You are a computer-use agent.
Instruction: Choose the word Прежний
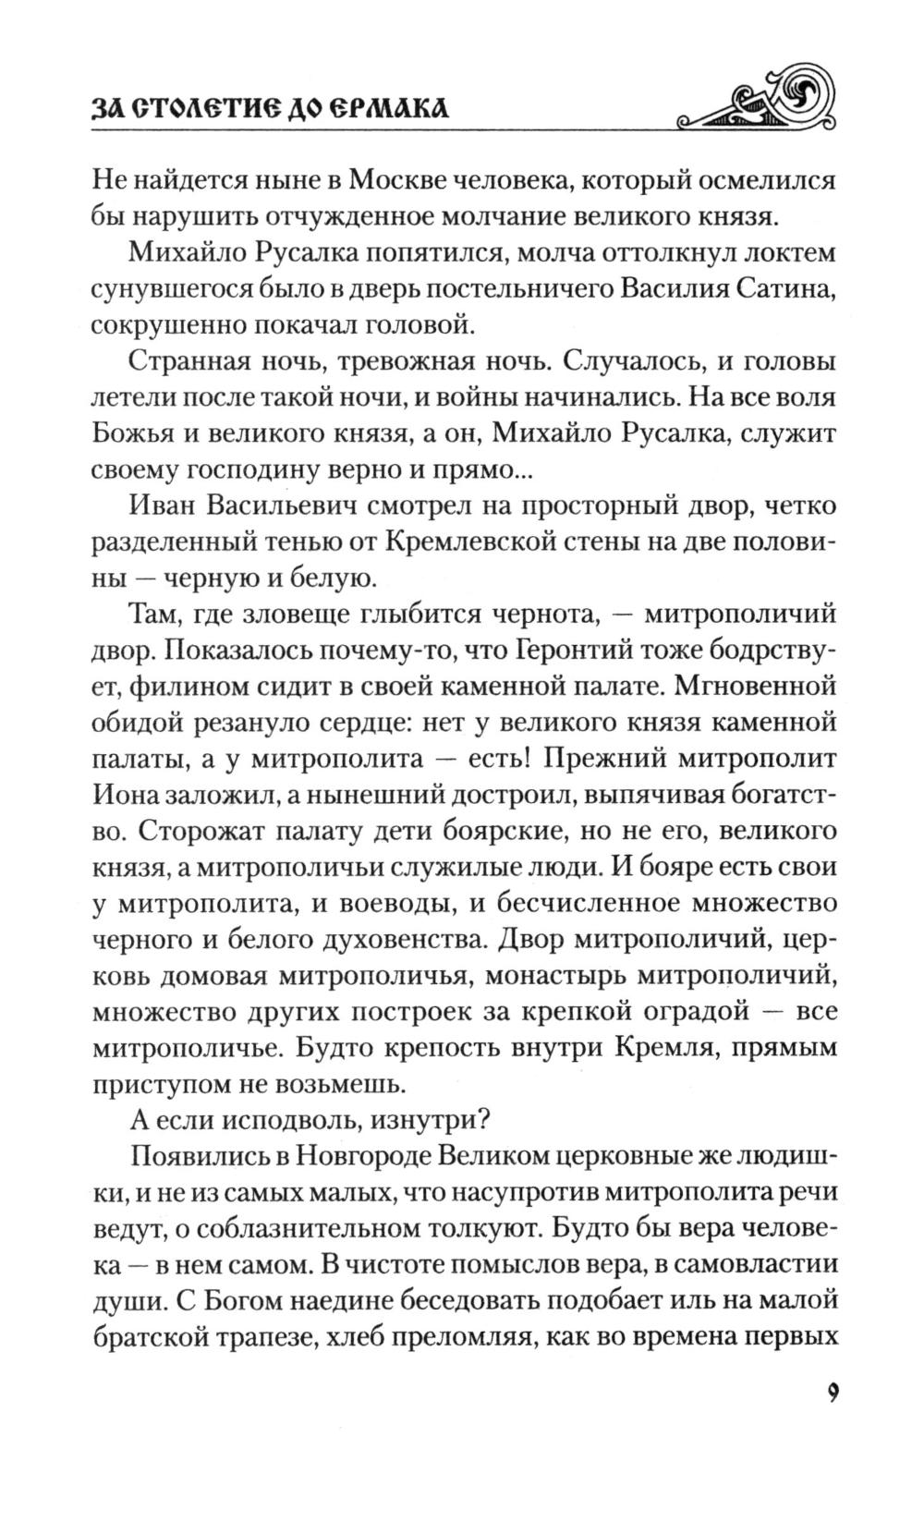pos(602,759)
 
